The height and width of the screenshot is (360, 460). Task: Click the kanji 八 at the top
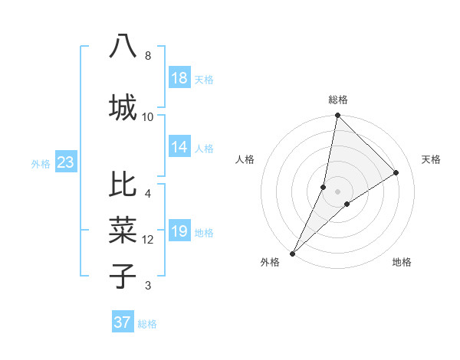point(123,46)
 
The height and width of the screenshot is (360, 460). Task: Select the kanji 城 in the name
point(123,106)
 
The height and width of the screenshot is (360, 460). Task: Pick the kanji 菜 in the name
point(123,231)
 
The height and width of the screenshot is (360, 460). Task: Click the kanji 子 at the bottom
point(123,275)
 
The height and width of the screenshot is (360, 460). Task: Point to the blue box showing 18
point(179,78)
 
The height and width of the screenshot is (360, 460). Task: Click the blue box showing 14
point(179,147)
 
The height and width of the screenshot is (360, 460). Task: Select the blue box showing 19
point(179,231)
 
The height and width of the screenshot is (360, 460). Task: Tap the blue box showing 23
point(65,162)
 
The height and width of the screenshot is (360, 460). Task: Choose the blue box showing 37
point(123,322)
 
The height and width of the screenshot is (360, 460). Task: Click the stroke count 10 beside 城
point(148,116)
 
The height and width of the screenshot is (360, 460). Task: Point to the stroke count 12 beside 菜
point(148,240)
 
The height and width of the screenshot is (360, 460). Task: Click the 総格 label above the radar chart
point(338,100)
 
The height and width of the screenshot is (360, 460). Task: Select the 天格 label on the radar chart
point(432,159)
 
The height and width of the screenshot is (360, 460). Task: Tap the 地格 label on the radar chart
point(402,262)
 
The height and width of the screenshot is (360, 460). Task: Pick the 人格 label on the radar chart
point(245,159)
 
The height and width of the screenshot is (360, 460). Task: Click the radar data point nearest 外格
point(293,253)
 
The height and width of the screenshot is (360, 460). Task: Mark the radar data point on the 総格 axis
point(337,116)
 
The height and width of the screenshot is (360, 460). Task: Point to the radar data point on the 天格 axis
point(396,172)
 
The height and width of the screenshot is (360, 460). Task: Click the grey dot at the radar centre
point(337,191)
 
